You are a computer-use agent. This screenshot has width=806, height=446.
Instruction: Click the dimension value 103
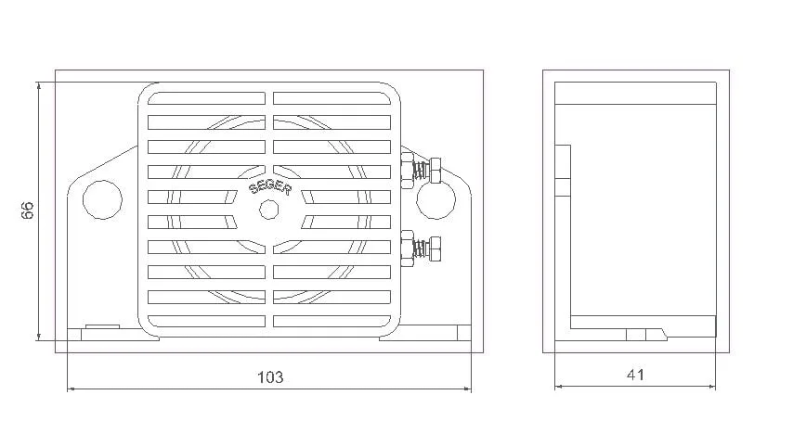[x=270, y=377]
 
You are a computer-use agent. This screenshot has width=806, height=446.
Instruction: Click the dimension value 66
[x=27, y=210]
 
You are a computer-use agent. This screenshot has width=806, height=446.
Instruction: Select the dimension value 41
[x=635, y=375]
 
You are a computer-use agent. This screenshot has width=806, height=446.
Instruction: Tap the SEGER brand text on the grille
[x=270, y=188]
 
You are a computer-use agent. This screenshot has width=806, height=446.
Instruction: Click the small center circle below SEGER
[x=269, y=210]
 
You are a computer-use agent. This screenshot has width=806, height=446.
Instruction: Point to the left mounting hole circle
[x=102, y=199]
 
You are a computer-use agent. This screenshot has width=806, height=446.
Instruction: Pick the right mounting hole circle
[x=435, y=199]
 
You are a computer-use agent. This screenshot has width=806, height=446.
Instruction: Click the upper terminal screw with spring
[x=421, y=170]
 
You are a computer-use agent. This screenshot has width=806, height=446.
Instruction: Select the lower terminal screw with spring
[x=421, y=248]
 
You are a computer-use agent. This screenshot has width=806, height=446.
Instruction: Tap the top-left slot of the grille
[x=207, y=98]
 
